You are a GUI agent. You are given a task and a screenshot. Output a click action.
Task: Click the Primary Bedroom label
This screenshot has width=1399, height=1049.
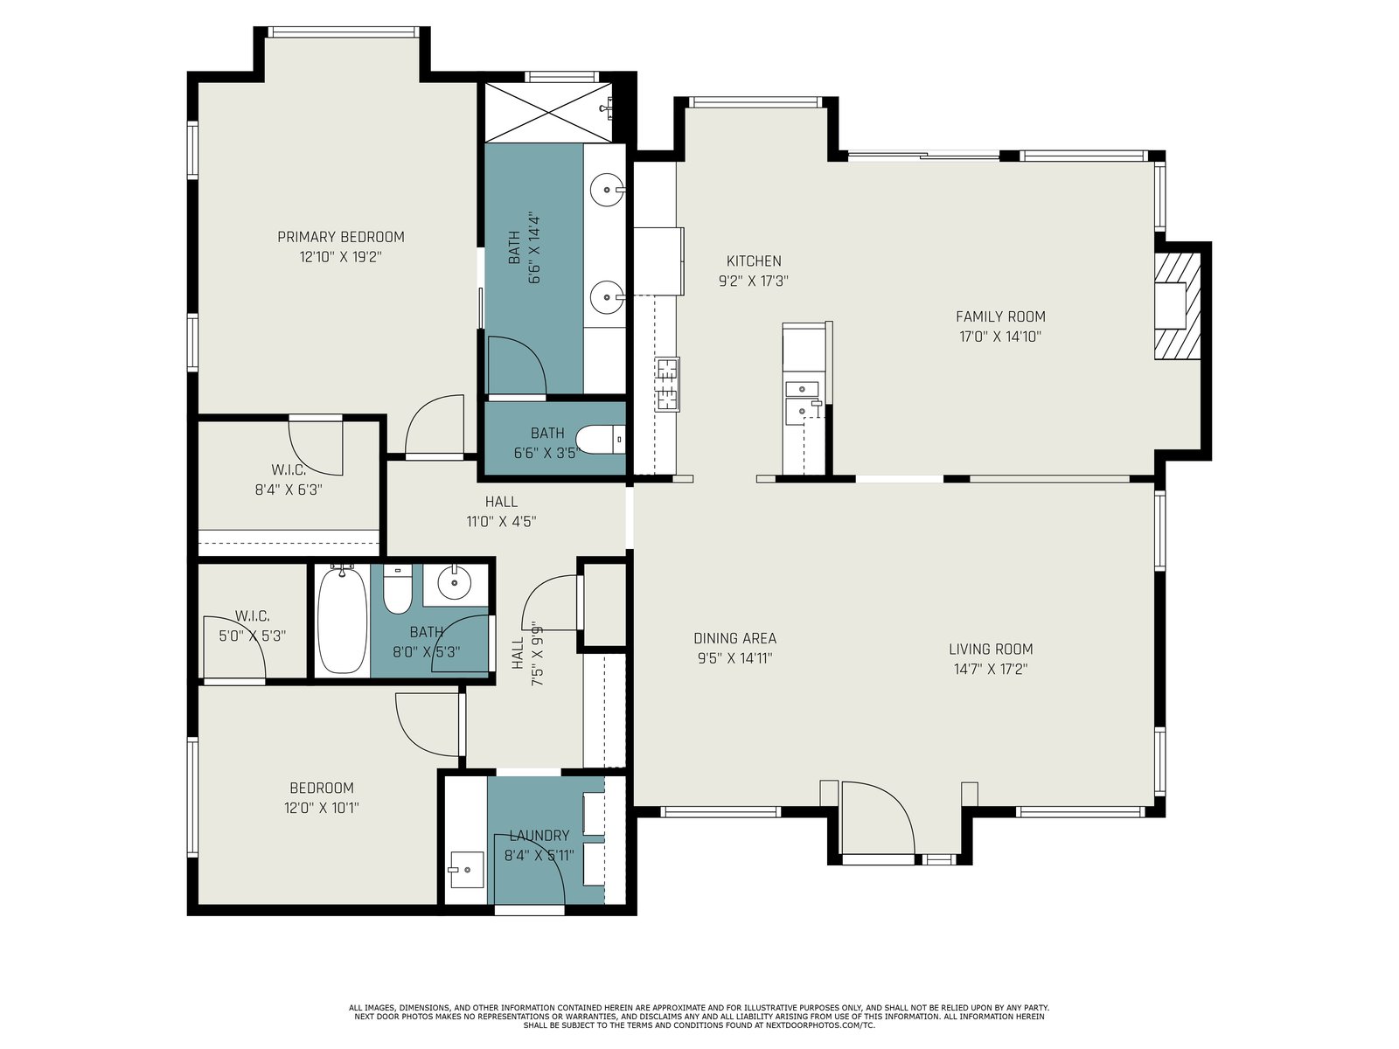pos(340,237)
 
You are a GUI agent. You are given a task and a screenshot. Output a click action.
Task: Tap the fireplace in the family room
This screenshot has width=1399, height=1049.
pos(1178,306)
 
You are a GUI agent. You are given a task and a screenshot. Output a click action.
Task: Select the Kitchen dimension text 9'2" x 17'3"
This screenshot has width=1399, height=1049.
pos(754,281)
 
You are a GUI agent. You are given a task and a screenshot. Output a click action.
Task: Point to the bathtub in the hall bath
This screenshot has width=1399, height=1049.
pos(342,620)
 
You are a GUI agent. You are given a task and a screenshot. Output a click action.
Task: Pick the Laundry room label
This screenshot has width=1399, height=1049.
pos(539,835)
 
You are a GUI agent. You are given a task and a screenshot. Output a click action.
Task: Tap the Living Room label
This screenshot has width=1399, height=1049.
pos(991,649)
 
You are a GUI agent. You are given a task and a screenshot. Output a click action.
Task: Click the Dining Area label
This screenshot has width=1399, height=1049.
pos(734,638)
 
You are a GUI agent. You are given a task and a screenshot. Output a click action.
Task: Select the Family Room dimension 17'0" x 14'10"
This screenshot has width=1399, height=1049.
pos(1000,337)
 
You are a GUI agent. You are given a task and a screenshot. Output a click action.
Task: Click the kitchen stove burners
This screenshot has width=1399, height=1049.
pos(667,384)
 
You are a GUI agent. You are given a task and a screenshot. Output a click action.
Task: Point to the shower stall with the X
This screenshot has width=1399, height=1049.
pos(549,112)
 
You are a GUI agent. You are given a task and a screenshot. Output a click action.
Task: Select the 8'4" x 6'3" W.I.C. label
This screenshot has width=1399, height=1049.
pos(289,480)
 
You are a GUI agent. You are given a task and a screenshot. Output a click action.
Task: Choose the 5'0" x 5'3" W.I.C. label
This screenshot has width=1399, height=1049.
pos(253,626)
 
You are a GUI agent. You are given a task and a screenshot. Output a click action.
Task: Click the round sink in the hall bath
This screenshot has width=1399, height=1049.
pos(455,583)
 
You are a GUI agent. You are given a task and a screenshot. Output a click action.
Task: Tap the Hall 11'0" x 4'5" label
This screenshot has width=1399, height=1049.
pos(501,511)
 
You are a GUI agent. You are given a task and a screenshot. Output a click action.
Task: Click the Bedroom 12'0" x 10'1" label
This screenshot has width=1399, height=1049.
pos(322,797)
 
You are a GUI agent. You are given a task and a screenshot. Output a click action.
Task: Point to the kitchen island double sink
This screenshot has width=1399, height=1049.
pos(803,400)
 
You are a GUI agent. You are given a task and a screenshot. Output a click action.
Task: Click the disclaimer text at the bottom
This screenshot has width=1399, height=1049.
pos(699,1017)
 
